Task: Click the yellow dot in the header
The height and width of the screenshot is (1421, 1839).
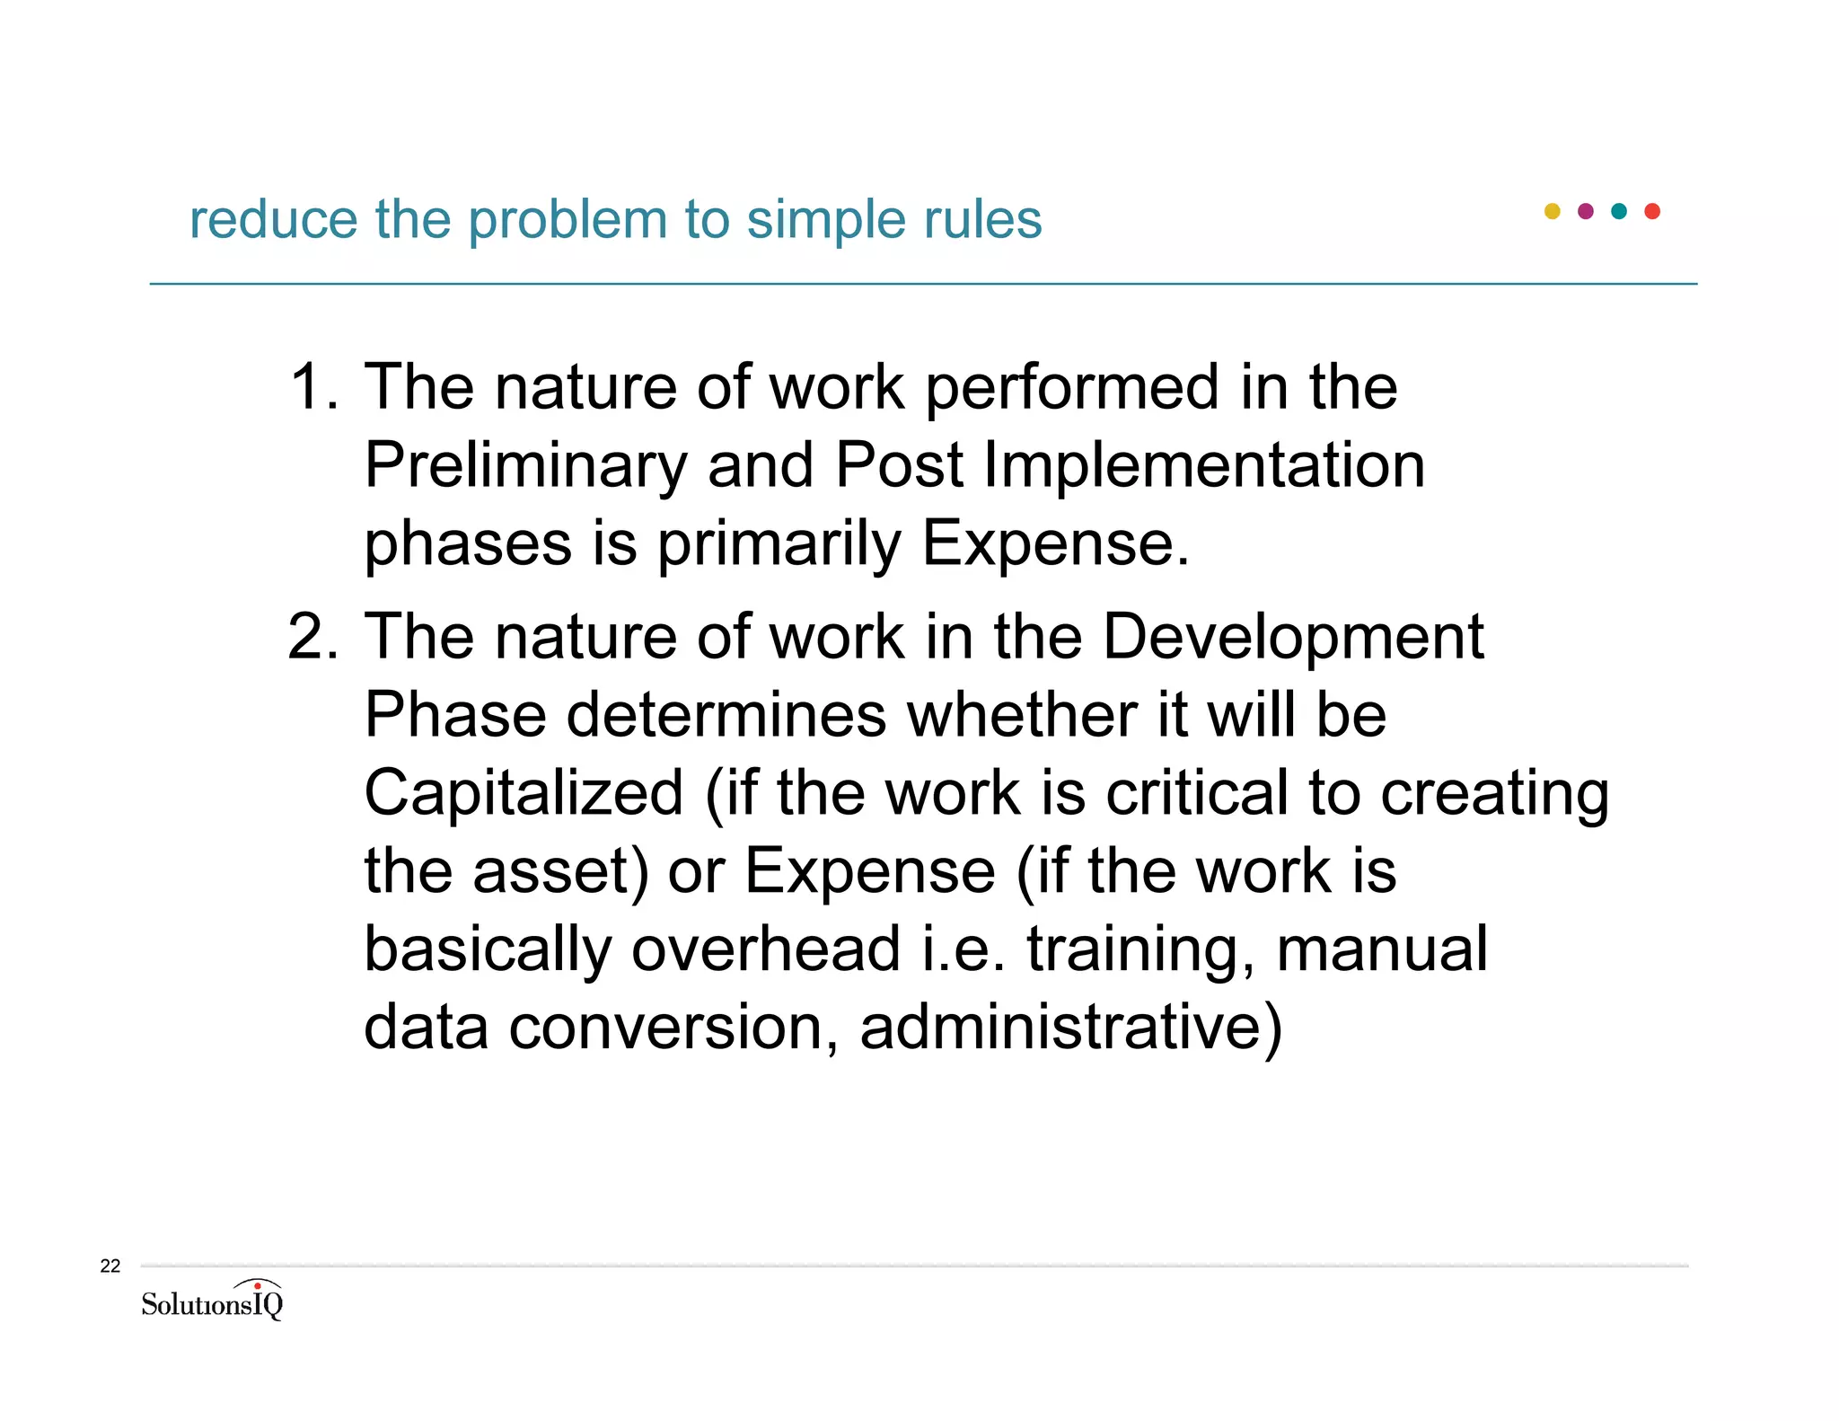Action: pos(1552,211)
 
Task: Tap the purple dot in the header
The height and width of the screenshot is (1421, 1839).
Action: pos(1586,211)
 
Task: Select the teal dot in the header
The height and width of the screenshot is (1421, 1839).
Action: pos(1619,211)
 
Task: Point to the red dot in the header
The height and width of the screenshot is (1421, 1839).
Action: pos(1652,211)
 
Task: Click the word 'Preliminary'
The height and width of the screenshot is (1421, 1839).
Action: pos(525,467)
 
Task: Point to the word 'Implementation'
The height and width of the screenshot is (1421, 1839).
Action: pos(1203,465)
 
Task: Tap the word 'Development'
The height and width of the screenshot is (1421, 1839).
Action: pos(1292,637)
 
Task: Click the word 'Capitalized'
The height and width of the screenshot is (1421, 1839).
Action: pos(524,793)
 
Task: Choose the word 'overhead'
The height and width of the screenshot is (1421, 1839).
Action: pos(766,949)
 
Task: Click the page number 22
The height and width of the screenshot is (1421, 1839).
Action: pos(110,1267)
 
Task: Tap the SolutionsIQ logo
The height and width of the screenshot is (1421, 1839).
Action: pos(212,1300)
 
